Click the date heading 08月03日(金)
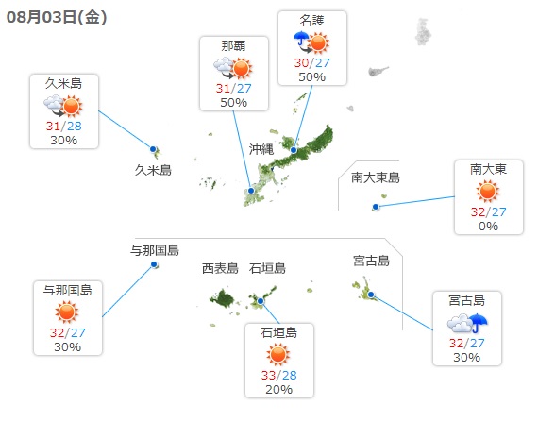coord(57,17)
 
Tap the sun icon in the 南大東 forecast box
coord(487,191)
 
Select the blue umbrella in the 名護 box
coord(301,40)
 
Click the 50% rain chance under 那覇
coord(234,103)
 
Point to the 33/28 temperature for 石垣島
coord(279,375)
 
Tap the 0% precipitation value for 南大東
coord(489,226)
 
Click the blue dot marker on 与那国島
coord(154,264)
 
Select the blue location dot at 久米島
coord(153,149)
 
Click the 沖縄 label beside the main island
coord(261,149)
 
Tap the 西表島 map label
coord(220,268)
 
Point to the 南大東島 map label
coord(376,177)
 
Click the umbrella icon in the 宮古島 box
coord(479,323)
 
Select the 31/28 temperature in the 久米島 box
coord(64,126)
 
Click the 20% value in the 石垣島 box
coord(279,389)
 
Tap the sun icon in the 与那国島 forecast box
coord(66,312)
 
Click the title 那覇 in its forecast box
coord(234,45)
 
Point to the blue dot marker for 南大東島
coord(376,207)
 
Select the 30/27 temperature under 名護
coord(311,62)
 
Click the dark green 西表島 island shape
coord(223,298)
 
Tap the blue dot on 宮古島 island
coord(371,295)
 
